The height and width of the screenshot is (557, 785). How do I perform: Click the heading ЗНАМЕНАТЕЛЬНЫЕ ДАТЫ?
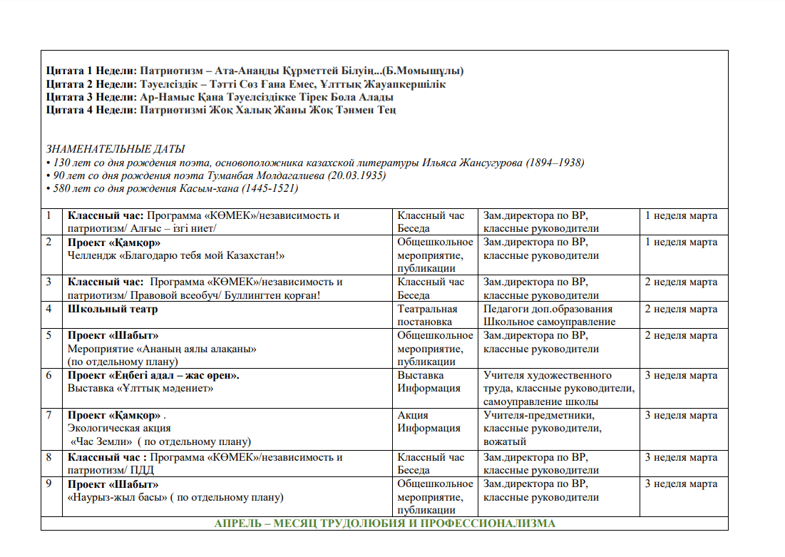pyautogui.click(x=116, y=149)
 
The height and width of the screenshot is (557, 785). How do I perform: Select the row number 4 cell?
pyautogui.click(x=48, y=309)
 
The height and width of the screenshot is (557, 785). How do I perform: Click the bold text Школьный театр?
pyautogui.click(x=113, y=309)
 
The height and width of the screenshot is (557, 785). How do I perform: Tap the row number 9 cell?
pyautogui.click(x=48, y=484)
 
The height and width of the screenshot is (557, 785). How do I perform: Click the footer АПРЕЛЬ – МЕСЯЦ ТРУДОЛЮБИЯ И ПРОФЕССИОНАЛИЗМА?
pyautogui.click(x=384, y=523)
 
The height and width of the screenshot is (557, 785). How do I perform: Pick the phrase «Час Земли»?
pyautogui.click(x=96, y=441)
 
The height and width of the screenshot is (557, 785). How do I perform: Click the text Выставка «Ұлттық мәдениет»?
pyautogui.click(x=140, y=388)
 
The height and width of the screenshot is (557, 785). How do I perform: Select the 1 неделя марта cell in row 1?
pyautogui.click(x=681, y=215)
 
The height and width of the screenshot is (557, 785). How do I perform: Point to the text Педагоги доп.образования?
pyautogui.click(x=548, y=309)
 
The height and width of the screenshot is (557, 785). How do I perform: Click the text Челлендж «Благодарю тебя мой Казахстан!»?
pyautogui.click(x=176, y=255)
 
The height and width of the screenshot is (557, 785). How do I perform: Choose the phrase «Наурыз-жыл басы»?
pyautogui.click(x=116, y=497)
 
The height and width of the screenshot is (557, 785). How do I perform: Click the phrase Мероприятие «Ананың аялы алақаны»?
pyautogui.click(x=162, y=349)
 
